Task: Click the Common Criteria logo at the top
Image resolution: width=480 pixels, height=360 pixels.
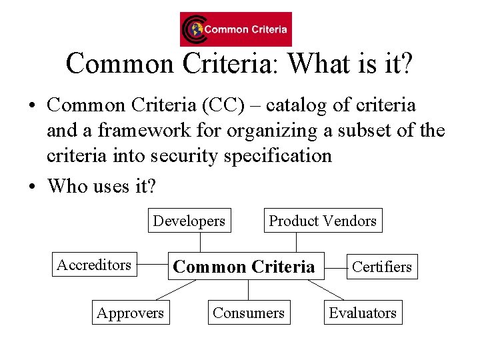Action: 235,29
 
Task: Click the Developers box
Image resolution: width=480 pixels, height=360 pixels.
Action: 189,221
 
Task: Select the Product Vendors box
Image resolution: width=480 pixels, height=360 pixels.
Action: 323,221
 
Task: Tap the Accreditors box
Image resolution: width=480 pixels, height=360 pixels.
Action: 94,265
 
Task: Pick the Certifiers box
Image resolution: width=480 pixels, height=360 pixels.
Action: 382,267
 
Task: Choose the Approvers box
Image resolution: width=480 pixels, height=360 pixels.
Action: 130,313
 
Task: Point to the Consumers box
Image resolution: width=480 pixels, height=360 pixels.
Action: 248,313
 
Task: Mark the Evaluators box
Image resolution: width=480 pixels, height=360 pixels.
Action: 363,313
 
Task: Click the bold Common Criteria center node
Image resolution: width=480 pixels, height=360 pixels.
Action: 244,267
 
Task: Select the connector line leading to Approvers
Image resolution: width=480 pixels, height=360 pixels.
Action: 175,290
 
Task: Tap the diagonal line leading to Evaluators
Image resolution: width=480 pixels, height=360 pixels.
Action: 326,290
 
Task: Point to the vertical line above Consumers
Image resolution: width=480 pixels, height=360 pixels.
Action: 248,290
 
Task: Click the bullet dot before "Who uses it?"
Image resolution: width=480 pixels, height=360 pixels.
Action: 33,186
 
